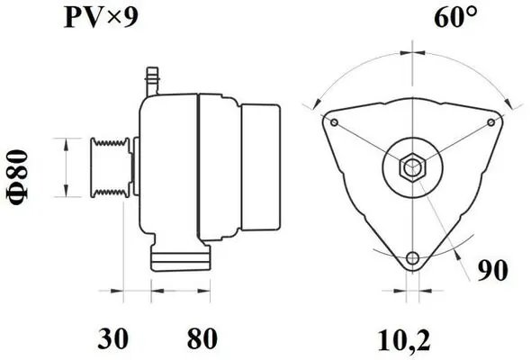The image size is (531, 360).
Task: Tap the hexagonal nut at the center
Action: pos(412,166)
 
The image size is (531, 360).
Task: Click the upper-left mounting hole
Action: pos(334,121)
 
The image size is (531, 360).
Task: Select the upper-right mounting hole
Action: pos(490,121)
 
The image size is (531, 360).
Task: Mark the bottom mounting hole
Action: pos(412,259)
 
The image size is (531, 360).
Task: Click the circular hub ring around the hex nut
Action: pos(397,166)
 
